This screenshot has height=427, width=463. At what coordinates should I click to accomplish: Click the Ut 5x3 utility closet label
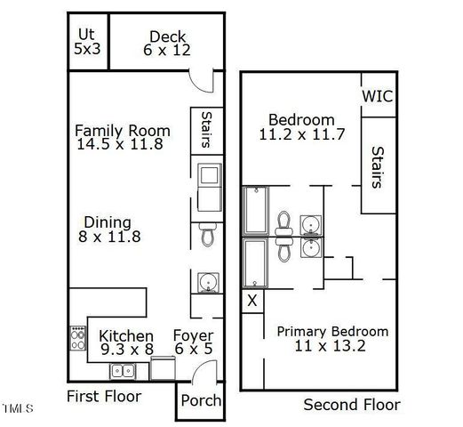point(87,42)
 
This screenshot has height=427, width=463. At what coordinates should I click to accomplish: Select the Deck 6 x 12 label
point(167,44)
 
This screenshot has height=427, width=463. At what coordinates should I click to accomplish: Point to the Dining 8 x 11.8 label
point(108,230)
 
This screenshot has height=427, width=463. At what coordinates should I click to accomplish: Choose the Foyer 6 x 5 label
point(193,342)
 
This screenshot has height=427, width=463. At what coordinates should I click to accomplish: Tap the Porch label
point(201,400)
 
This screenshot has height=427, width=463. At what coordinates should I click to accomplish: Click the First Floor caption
point(104,396)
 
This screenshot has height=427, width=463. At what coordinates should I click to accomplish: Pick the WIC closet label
point(378,96)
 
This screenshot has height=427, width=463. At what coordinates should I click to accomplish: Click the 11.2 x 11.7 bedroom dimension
point(301,135)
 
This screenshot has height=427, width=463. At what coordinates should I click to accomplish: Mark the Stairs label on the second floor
point(377,167)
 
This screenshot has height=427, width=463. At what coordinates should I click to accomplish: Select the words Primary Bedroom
point(332,331)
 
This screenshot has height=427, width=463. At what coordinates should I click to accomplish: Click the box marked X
point(251,301)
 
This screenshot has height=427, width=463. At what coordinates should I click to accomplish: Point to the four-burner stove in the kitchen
point(77,338)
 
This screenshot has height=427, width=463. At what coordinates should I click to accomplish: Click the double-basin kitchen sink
point(124,371)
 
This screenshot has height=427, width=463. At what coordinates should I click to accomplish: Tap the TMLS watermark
point(17,409)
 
